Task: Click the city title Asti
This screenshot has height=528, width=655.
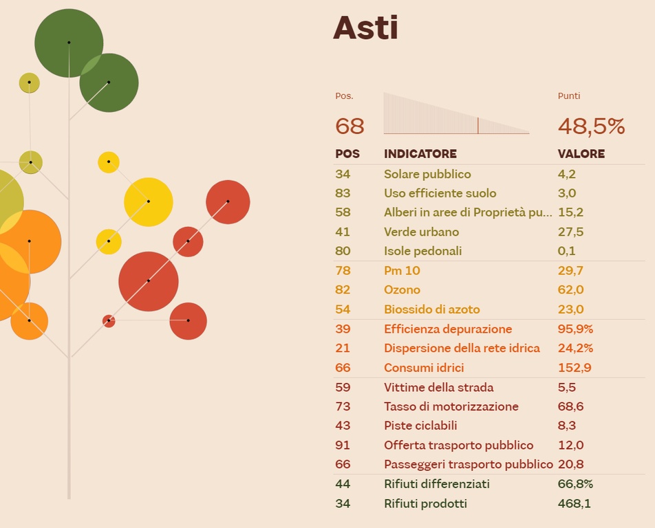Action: click(x=365, y=29)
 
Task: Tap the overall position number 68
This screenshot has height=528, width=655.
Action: click(x=350, y=126)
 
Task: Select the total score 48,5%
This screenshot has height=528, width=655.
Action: click(x=591, y=126)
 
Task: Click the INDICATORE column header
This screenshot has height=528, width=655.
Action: click(x=420, y=154)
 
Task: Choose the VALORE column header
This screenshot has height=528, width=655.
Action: click(x=581, y=154)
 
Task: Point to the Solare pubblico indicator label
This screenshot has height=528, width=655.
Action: click(x=427, y=175)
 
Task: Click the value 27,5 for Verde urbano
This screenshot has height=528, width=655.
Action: click(x=570, y=232)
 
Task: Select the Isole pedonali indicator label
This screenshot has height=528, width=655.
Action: click(x=422, y=252)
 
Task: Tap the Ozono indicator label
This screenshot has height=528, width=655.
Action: click(x=402, y=290)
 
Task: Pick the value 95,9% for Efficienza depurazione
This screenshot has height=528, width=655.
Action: click(x=575, y=329)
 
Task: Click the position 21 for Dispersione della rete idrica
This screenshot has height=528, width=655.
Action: click(x=343, y=349)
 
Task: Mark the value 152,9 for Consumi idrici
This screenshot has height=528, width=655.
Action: click(x=575, y=368)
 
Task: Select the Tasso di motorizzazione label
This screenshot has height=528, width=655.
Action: click(x=451, y=407)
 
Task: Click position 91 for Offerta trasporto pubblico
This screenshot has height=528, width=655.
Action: click(x=343, y=445)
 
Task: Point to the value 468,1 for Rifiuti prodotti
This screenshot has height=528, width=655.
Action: click(x=574, y=504)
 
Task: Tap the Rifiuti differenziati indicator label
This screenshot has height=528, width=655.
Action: click(x=437, y=484)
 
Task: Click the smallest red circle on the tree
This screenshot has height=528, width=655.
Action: click(x=109, y=321)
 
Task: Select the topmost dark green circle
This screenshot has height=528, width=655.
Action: click(x=69, y=43)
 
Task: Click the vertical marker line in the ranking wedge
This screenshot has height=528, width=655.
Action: click(x=478, y=125)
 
